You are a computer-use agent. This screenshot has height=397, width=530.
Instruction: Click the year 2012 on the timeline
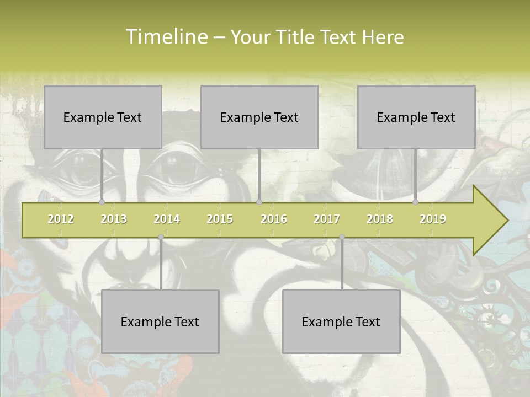tap(61, 219)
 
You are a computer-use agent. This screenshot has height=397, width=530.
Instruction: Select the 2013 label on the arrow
tap(114, 219)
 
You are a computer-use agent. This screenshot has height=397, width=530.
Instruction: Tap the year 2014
tap(167, 219)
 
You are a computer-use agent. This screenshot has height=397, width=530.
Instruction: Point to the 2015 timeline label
tap(220, 219)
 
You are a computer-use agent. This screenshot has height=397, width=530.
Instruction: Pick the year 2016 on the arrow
tap(274, 219)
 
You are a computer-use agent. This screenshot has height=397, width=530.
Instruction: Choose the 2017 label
tap(327, 219)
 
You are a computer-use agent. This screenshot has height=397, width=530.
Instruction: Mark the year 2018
tap(380, 219)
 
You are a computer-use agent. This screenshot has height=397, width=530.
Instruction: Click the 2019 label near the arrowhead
tap(433, 219)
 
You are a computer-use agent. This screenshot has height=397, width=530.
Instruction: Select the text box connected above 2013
tap(103, 117)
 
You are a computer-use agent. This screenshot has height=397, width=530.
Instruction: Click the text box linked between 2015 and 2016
tap(259, 117)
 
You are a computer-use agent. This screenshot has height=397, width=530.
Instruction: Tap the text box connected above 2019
tap(416, 117)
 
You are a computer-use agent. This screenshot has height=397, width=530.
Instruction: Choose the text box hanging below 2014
tap(160, 321)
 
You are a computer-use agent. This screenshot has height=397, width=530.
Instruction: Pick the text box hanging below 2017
tap(341, 321)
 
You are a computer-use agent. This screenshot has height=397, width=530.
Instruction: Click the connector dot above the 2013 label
tap(102, 202)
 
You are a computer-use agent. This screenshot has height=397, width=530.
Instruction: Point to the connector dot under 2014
tap(161, 237)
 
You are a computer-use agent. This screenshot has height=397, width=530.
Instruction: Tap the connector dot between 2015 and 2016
tap(259, 202)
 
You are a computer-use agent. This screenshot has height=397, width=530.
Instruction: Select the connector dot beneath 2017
tap(342, 237)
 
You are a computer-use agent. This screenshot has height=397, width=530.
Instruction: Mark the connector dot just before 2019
tap(416, 202)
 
